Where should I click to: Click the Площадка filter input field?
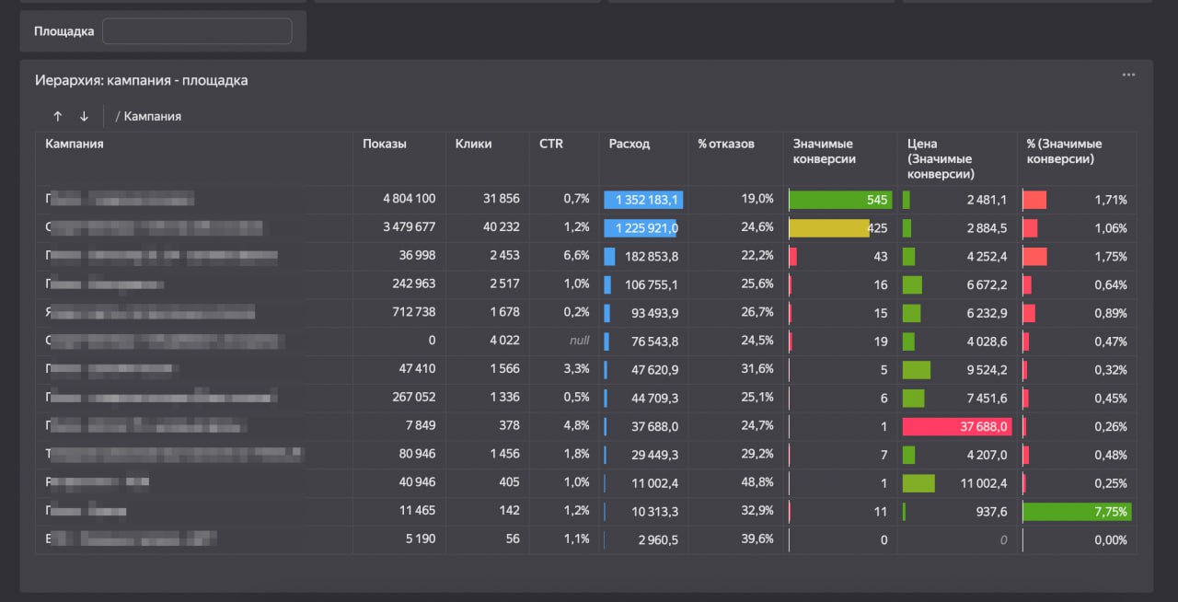197,31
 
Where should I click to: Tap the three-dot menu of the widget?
1128,75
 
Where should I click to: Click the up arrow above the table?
58,116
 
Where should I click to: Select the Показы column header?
385,144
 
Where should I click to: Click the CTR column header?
551,144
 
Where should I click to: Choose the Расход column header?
629,144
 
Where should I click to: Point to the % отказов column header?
725,144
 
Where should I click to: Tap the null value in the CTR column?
579,341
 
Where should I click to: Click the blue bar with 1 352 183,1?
643,200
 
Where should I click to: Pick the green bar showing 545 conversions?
840,199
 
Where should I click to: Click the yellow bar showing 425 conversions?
829,227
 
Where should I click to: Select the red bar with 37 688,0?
957,426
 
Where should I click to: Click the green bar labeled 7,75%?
1077,512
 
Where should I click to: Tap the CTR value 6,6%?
576,256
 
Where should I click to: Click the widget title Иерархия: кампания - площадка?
141,80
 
